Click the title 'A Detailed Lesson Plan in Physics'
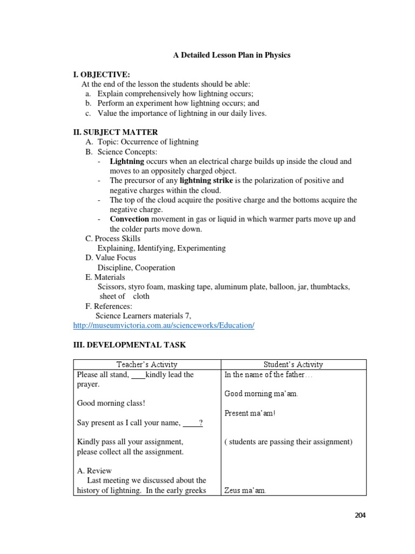point(231,55)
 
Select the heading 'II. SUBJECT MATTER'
point(116,132)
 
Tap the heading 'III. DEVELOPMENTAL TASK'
point(129,344)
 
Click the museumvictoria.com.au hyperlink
point(163,325)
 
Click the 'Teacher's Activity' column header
point(146,365)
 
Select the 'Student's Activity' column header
point(293,365)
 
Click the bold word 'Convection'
point(129,219)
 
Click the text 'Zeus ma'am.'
point(245,491)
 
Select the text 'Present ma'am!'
point(250,413)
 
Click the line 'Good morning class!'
point(111,403)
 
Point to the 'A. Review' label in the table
point(95,471)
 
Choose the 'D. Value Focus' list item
point(111,258)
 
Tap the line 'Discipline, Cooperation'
point(136,267)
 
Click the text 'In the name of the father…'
point(268,374)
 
